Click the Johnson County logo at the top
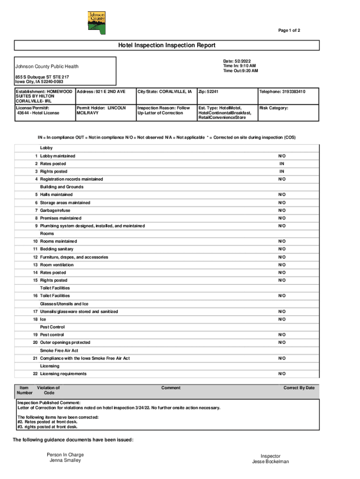(x=97, y=22)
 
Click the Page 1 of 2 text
(x=289, y=30)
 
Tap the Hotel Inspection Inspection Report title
(x=166, y=45)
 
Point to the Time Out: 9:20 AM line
(x=240, y=71)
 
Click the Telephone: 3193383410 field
(x=282, y=92)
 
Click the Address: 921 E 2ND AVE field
(x=101, y=92)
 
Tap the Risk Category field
(x=274, y=108)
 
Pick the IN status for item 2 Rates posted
(x=282, y=164)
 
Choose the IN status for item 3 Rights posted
(x=282, y=172)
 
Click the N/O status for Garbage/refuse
(x=282, y=210)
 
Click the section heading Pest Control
(x=52, y=327)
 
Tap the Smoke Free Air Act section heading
(x=59, y=350)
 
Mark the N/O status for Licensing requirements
(x=282, y=374)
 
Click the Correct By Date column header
(x=299, y=388)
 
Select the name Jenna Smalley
(x=65, y=460)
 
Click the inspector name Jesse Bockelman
(x=270, y=462)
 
